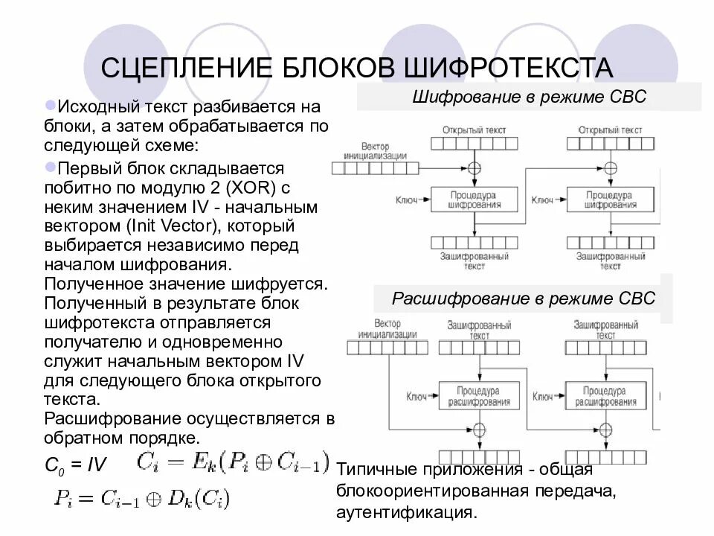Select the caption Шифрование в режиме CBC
[x=530, y=98]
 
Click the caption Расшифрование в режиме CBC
[x=524, y=299]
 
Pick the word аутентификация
[x=405, y=513]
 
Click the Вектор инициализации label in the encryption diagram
[x=375, y=151]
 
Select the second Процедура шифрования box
[x=610, y=199]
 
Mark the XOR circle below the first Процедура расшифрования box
[x=479, y=430]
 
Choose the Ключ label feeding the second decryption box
[x=542, y=396]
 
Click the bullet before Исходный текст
[x=50, y=105]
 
